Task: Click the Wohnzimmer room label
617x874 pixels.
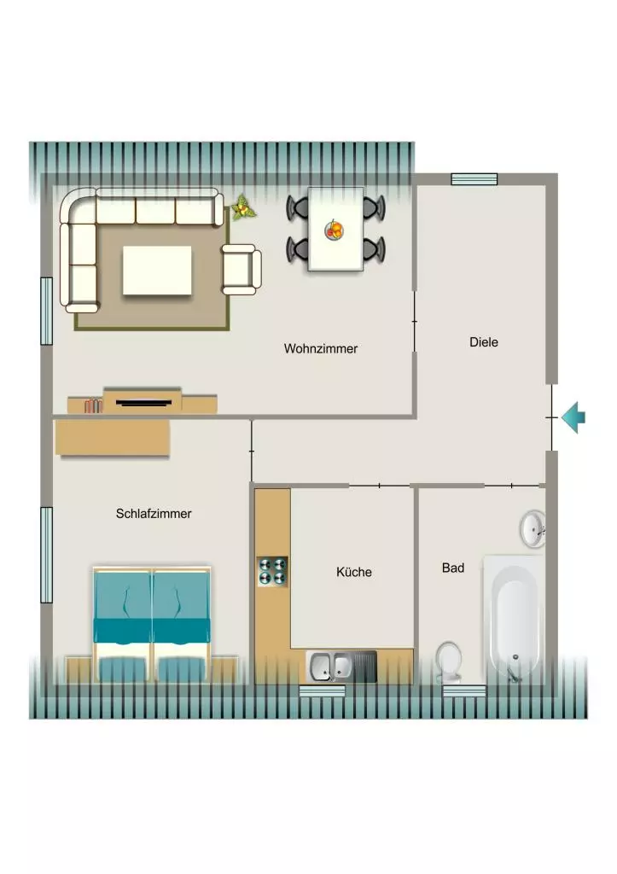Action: click(321, 348)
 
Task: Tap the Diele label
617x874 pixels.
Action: click(484, 342)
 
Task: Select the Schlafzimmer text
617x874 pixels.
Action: click(154, 513)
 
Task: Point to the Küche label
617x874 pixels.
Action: click(354, 572)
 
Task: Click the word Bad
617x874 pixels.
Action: click(453, 568)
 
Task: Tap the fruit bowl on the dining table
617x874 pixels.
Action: click(335, 230)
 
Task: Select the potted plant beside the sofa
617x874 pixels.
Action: click(243, 207)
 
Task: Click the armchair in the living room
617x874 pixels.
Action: click(242, 269)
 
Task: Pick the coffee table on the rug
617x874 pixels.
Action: click(157, 271)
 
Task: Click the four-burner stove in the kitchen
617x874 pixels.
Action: click(272, 571)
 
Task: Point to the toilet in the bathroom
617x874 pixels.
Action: click(449, 661)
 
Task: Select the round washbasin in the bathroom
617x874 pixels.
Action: click(533, 528)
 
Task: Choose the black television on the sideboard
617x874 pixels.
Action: click(144, 402)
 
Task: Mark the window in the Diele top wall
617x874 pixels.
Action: click(474, 179)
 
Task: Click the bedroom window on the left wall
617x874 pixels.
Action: click(47, 555)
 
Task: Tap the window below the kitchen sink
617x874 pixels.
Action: click(323, 691)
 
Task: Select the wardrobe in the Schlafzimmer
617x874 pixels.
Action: click(113, 438)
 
